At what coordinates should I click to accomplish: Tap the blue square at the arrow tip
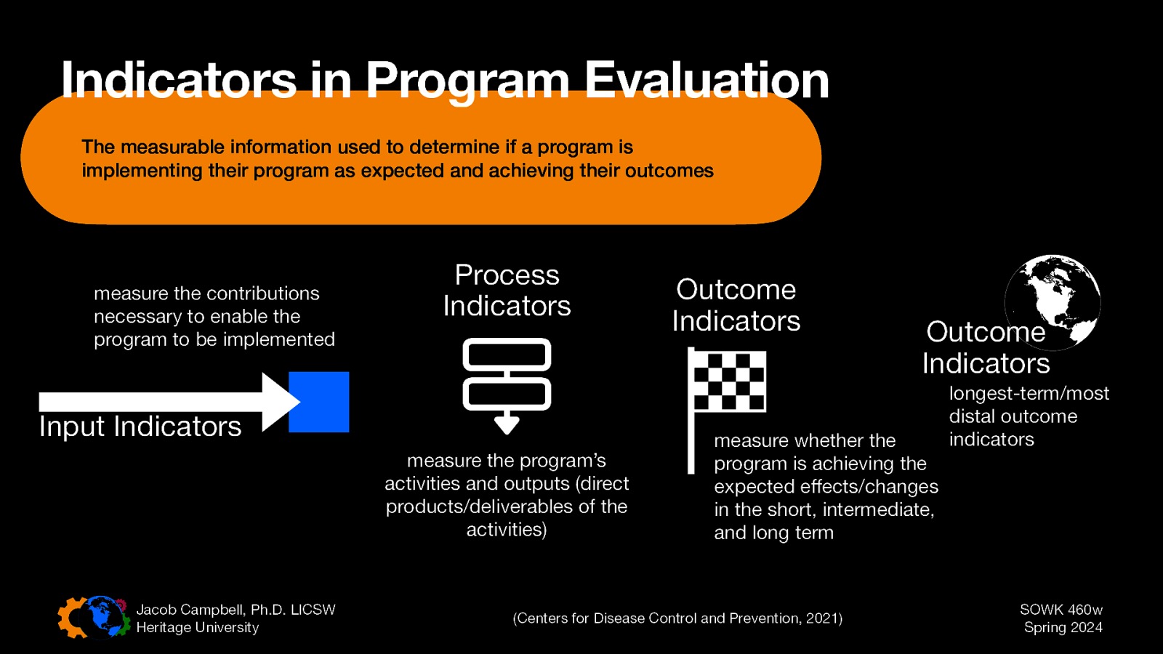[319, 402]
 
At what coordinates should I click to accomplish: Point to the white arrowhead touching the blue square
[279, 402]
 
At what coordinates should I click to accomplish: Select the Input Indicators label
[140, 427]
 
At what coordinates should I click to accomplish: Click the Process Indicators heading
[507, 291]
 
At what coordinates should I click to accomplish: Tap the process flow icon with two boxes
[507, 384]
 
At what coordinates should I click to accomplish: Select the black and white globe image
[1053, 302]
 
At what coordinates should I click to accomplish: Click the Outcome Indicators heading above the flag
[736, 305]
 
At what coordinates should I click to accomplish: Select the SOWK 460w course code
[1061, 610]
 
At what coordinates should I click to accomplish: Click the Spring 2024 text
[1063, 628]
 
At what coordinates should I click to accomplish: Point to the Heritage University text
[197, 628]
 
